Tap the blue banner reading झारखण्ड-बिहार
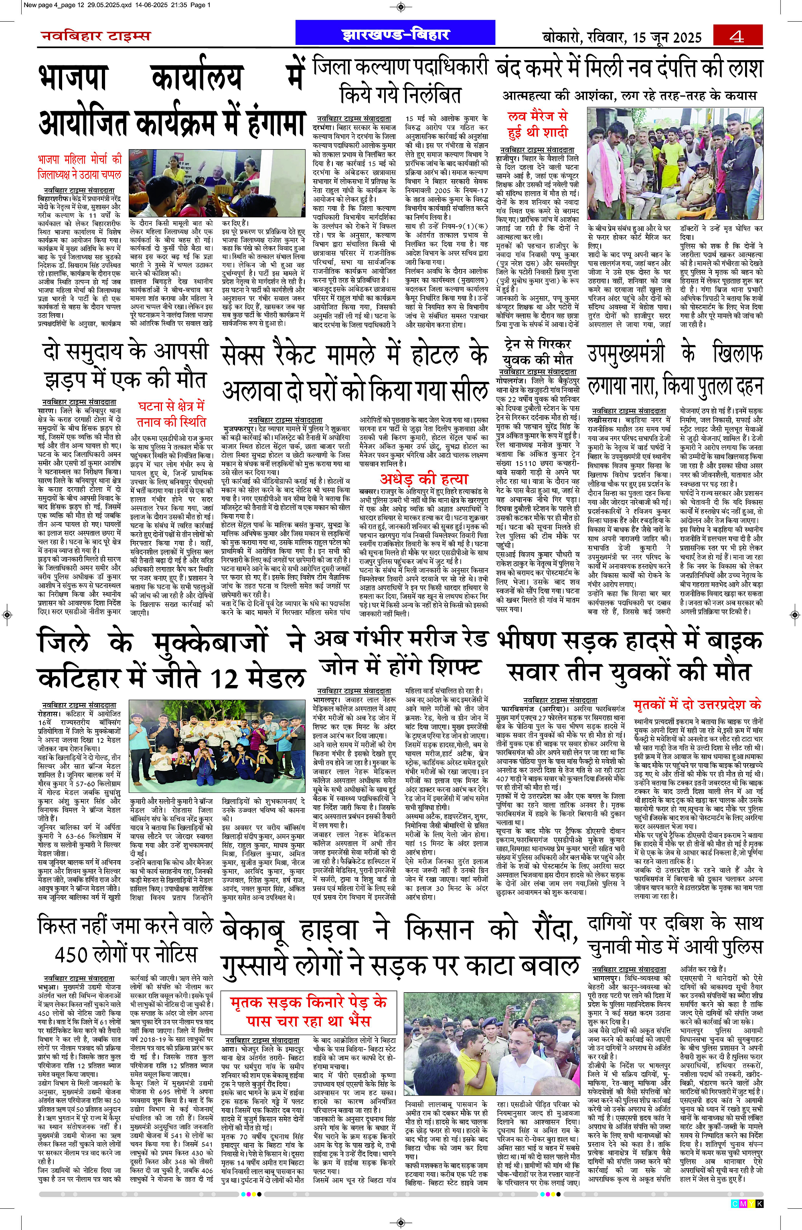coord(395,34)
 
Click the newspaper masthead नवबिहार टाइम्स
coord(96,36)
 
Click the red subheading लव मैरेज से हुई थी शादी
coord(537,124)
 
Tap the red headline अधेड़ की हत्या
coord(424,478)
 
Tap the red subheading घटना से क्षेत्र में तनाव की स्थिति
coord(171,414)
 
